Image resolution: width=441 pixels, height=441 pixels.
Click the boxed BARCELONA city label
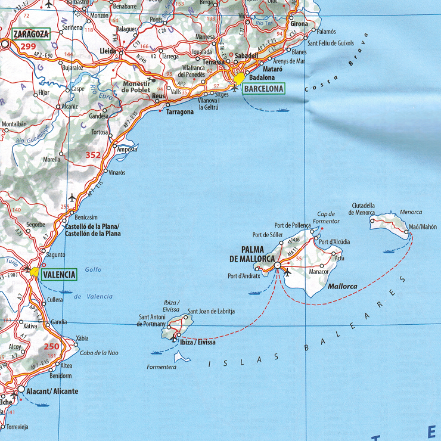point(263,89)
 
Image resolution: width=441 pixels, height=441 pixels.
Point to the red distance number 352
point(93,155)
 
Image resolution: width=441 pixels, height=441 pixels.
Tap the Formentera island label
point(162,367)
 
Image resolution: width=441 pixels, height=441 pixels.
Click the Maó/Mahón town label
point(423,227)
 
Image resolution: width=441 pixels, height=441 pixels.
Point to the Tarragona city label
point(179,112)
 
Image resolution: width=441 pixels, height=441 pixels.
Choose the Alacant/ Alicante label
point(52,391)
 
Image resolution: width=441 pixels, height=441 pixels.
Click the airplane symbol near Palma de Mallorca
point(287,273)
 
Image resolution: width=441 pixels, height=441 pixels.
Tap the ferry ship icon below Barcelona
point(282,110)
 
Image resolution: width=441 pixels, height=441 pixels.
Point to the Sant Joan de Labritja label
point(211,311)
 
